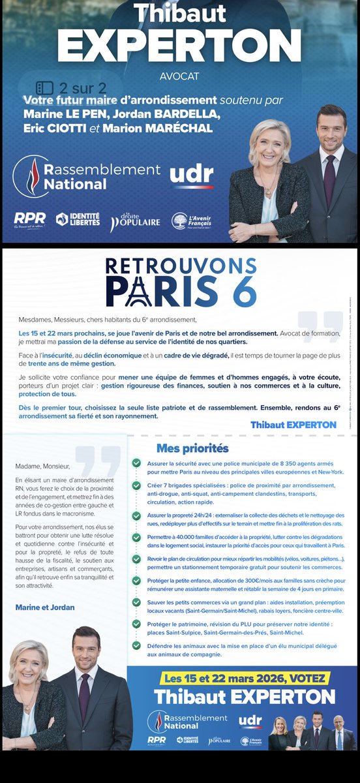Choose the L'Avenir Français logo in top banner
pos(193,221)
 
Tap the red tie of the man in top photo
pos(329,179)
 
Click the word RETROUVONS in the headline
pos(181,266)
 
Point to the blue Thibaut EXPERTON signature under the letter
pos(293,425)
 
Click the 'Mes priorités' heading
pos(192,448)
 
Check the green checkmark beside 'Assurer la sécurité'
pos(136,463)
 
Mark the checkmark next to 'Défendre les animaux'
pos(136,645)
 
